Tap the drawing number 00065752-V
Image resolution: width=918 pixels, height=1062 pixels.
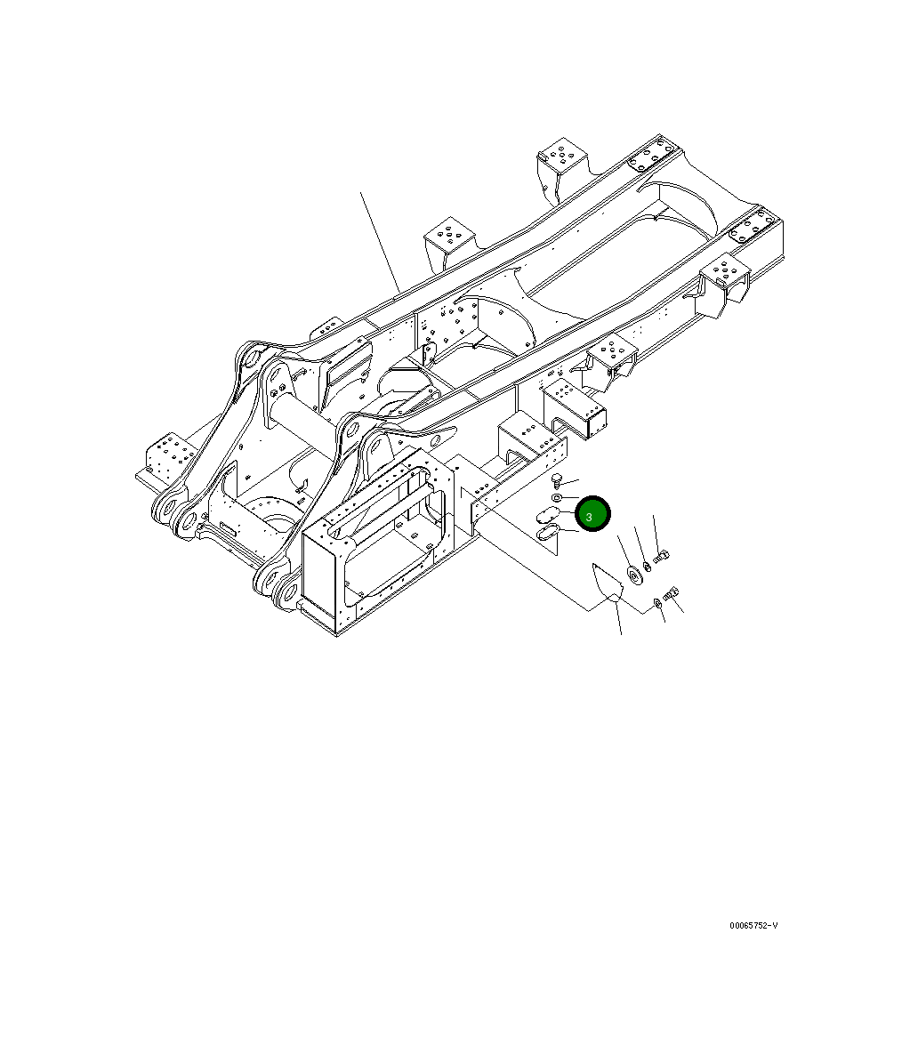(753, 926)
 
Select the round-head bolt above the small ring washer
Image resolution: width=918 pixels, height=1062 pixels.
(556, 479)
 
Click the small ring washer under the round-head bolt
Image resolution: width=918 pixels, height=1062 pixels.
(557, 499)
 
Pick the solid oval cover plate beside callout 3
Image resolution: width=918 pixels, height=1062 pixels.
(545, 515)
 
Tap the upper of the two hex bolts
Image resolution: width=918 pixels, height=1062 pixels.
(661, 558)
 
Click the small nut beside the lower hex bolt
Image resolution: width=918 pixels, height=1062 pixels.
(657, 604)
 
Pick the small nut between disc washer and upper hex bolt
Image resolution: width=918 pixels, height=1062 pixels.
(647, 567)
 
